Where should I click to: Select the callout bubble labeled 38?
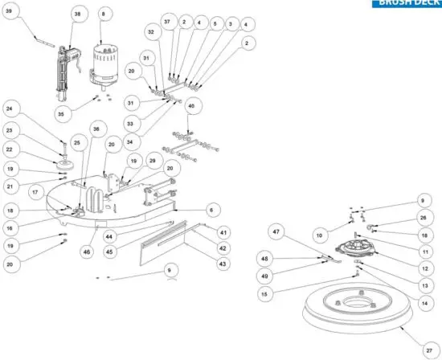point(77,14)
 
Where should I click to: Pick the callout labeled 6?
point(211,209)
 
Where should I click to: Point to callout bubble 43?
point(223,264)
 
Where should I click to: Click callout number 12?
point(424,267)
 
